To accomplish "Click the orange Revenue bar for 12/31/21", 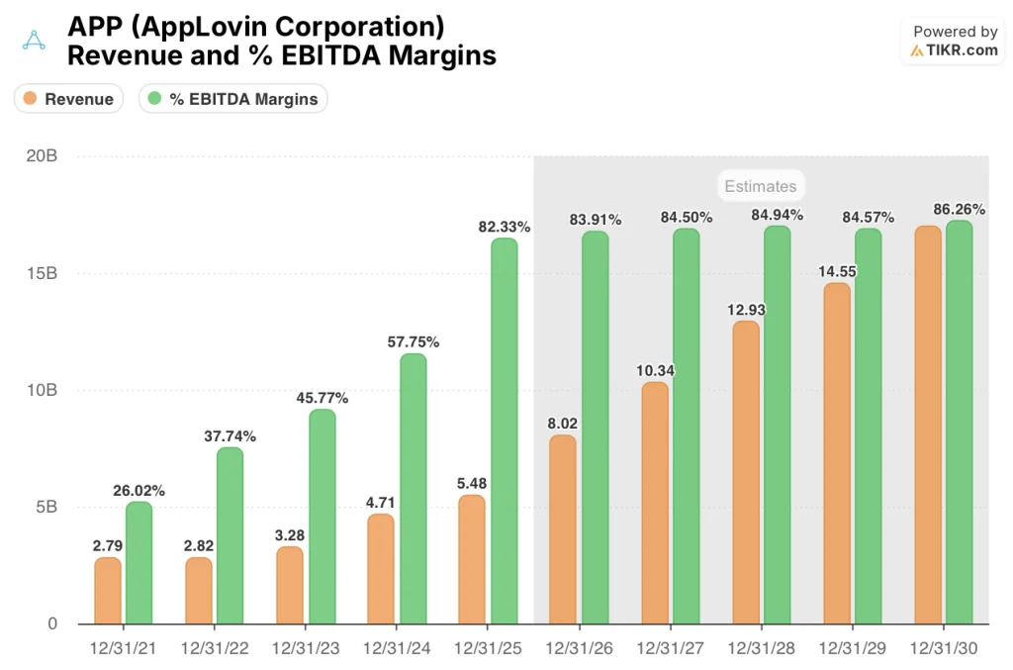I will coord(108,591).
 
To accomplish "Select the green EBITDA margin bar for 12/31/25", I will coord(504,431).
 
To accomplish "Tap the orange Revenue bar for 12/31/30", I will coord(927,426).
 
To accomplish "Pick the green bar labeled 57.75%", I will coord(413,489).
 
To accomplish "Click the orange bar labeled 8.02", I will coord(563,529).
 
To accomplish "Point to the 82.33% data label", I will coord(504,227).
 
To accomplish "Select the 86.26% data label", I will coord(959,210).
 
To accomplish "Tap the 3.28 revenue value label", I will coord(290,534).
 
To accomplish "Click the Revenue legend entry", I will coord(68,99).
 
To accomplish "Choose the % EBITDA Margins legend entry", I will coord(233,99).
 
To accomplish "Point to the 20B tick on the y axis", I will coord(41,156).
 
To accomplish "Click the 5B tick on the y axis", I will coord(46,507).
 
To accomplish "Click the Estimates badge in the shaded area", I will coord(759,186).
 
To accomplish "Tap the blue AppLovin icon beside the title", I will coord(34,41).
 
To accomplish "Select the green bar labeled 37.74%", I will coord(230,535).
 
